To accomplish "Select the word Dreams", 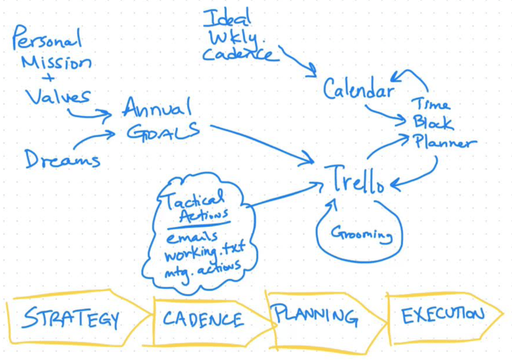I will click(62, 159).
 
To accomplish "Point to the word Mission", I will click(56, 62).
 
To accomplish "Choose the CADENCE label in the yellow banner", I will click(203, 319).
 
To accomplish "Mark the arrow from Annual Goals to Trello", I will click(260, 143).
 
